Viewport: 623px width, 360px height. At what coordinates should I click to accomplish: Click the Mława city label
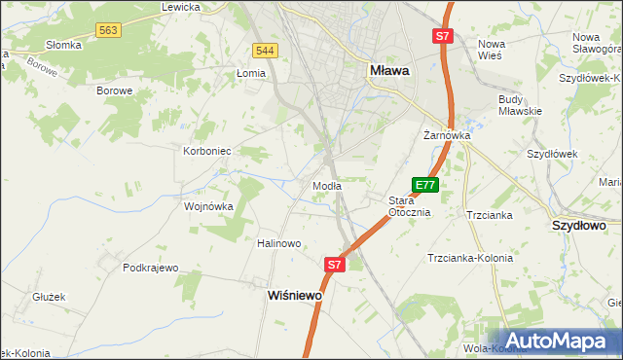click(389, 71)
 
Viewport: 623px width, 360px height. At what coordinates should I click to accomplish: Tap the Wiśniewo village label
click(295, 296)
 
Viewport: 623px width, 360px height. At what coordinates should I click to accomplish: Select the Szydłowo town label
click(579, 225)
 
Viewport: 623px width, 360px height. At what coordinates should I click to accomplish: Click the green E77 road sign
click(425, 184)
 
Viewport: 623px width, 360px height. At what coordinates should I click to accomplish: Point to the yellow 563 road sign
click(108, 31)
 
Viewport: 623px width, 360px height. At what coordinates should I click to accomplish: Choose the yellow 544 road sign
click(264, 50)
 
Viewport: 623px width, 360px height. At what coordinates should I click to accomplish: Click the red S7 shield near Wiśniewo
click(335, 264)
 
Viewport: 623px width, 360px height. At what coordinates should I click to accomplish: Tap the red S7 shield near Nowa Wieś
click(442, 36)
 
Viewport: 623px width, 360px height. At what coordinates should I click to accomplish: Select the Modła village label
click(325, 186)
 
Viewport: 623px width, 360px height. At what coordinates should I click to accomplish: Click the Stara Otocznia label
click(409, 206)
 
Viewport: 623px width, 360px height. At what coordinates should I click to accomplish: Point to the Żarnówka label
click(447, 135)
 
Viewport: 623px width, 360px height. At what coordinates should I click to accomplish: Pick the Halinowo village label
click(278, 243)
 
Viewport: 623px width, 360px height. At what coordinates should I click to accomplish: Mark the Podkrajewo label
click(151, 267)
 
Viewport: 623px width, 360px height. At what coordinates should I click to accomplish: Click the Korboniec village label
click(206, 152)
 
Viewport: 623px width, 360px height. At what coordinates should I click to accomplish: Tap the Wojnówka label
click(209, 206)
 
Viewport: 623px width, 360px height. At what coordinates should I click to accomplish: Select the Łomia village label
click(251, 73)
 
